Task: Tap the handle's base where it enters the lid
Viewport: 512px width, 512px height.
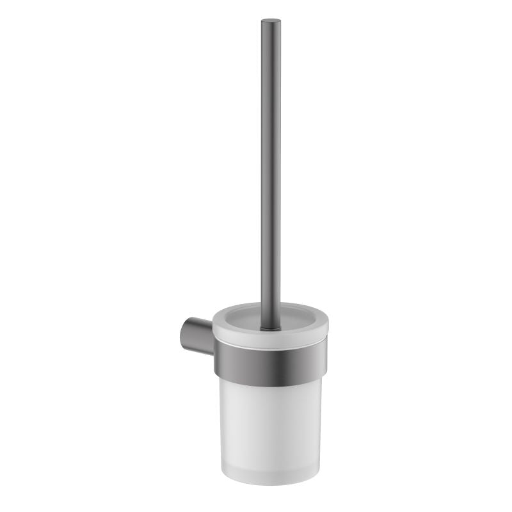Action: [x=271, y=326]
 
